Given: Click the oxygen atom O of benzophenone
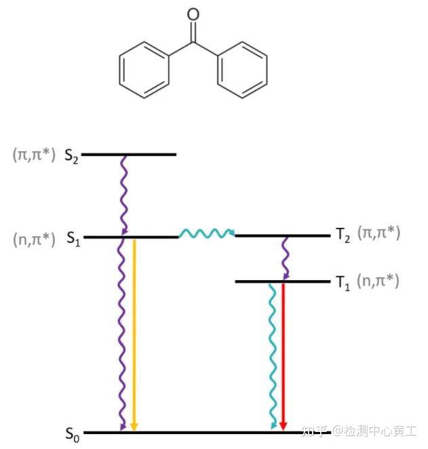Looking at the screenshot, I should [193, 14].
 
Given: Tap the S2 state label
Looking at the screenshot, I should [72, 155].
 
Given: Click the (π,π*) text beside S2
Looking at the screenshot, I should [34, 154].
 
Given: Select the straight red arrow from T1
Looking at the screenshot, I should [284, 356].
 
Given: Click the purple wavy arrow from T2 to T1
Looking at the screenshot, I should [286, 258].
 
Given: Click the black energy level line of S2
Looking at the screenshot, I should [129, 155].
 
